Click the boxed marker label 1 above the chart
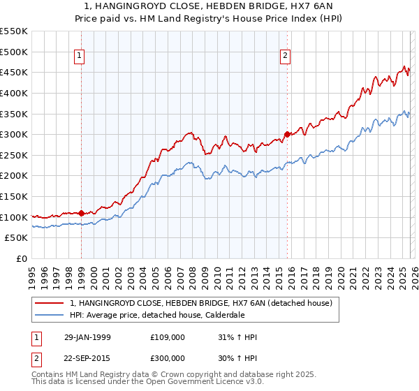tap(80, 57)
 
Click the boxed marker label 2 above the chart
tap(286, 57)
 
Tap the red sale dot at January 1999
tap(81, 213)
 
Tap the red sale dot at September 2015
tap(287, 134)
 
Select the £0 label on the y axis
tap(20, 258)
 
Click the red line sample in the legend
tap(50, 303)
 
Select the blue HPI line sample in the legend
tap(50, 315)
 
